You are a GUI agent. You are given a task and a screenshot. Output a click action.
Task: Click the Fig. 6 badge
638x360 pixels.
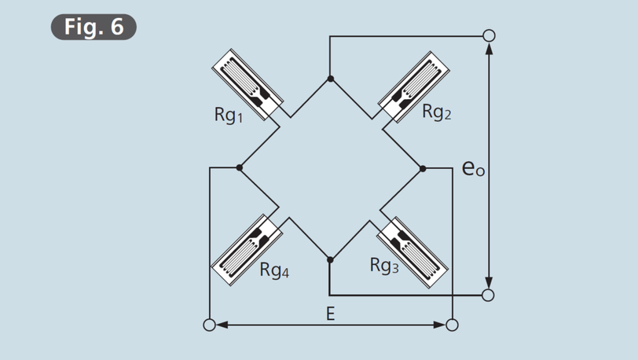tap(93, 27)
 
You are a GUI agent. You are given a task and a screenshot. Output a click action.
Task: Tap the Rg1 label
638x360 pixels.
tap(229, 115)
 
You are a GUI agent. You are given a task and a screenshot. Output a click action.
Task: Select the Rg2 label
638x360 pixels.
tap(437, 111)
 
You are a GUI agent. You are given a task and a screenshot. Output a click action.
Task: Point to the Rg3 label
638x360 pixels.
tap(384, 265)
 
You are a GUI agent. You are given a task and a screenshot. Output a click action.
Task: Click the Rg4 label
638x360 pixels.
tap(274, 270)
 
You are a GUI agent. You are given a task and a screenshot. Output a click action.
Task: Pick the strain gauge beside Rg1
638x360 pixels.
tap(247, 84)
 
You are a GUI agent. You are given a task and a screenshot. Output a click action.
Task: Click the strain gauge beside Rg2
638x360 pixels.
tap(414, 86)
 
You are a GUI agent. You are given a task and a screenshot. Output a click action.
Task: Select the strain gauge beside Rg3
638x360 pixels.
tap(412, 252)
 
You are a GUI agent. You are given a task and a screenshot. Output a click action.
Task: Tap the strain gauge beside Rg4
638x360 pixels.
tap(247, 250)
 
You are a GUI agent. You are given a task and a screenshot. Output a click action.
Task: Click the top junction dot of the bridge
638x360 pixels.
tap(330, 79)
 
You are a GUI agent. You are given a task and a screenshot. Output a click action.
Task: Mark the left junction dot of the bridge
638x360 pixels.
tap(239, 167)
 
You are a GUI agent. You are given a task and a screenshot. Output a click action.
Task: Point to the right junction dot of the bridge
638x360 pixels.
tap(423, 168)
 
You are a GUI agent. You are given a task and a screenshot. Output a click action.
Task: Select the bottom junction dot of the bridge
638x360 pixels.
tap(330, 259)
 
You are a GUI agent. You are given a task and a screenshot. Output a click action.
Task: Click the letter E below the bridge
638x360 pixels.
tap(330, 314)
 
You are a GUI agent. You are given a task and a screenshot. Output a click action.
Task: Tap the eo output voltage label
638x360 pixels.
tap(473, 168)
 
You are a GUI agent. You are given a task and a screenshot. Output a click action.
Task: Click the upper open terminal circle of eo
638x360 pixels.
tap(489, 36)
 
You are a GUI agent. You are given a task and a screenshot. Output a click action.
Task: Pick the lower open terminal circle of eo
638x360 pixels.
tap(488, 295)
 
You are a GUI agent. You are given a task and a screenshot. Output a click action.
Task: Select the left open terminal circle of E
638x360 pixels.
tap(209, 325)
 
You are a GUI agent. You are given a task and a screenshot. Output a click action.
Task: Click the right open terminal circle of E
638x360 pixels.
tap(452, 325)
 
